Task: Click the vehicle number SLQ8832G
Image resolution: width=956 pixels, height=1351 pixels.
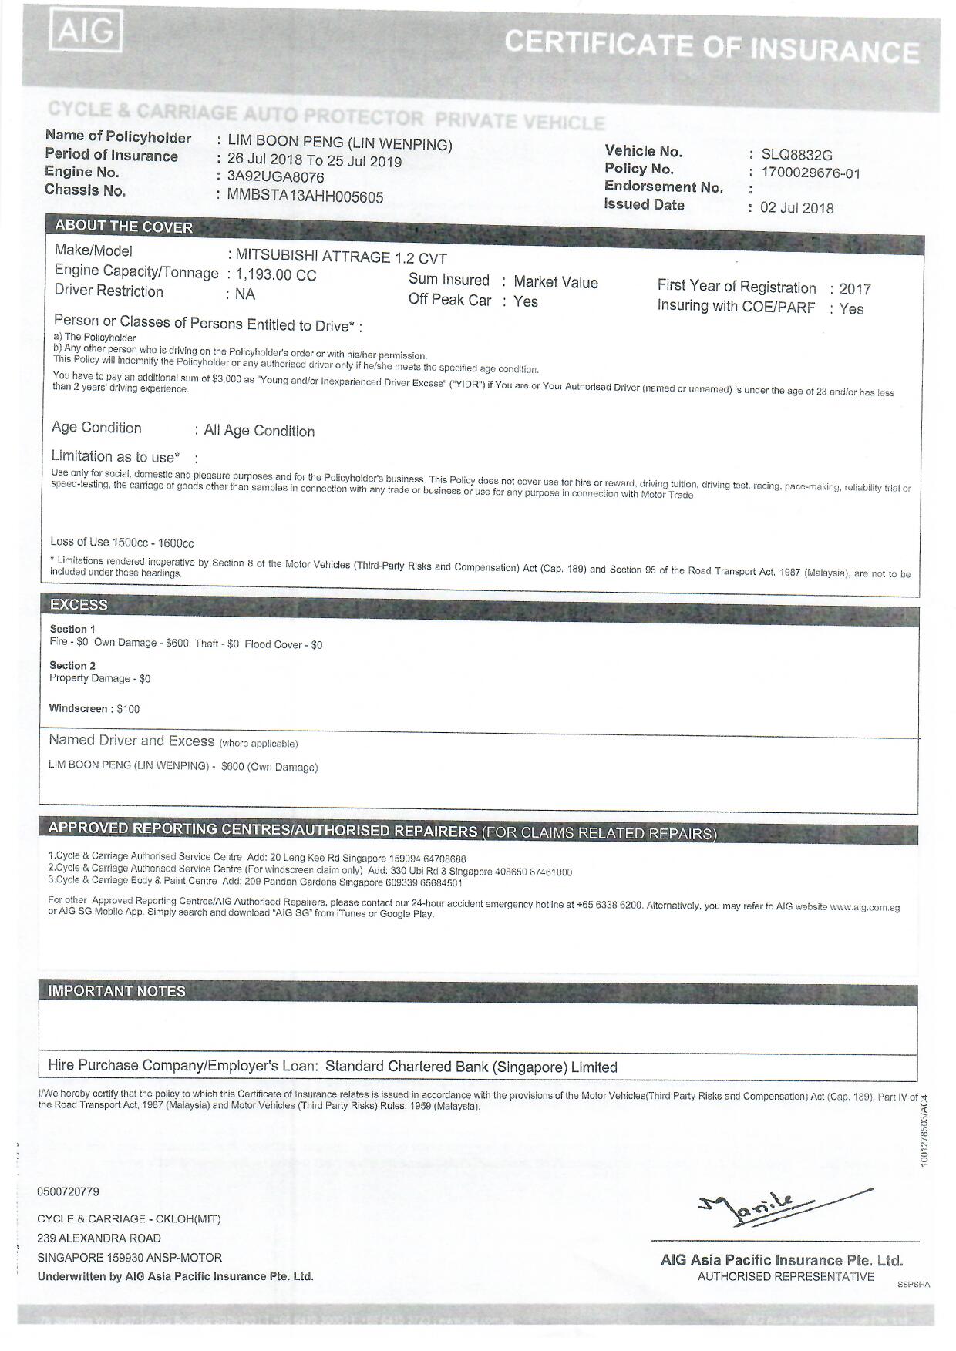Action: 796,155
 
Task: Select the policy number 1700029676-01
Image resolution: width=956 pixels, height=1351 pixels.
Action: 810,173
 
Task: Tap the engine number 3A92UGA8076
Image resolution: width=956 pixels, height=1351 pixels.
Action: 275,177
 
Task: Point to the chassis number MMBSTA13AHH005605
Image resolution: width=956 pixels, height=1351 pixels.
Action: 305,197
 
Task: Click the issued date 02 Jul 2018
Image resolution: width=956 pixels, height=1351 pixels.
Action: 796,208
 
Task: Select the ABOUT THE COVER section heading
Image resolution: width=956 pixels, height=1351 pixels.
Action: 123,227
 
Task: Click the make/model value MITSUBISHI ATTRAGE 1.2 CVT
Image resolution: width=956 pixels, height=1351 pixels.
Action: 341,257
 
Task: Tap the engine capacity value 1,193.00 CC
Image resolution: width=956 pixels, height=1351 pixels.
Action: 276,275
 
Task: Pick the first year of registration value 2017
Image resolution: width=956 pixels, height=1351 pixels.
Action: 855,289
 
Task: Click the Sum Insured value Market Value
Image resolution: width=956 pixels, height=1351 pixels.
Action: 555,282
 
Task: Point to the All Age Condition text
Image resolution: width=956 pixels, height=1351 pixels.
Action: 259,431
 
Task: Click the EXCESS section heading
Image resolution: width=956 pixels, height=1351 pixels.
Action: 79,604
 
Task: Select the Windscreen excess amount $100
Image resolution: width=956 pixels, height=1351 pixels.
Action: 128,709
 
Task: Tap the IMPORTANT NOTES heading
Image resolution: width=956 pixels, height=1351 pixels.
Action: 116,991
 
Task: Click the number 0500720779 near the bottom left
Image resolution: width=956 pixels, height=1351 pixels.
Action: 68,1191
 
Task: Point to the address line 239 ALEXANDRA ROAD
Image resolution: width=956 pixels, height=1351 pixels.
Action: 99,1238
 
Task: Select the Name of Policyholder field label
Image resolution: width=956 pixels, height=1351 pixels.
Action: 118,137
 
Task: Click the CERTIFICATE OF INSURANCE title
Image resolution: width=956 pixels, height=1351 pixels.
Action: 712,46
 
